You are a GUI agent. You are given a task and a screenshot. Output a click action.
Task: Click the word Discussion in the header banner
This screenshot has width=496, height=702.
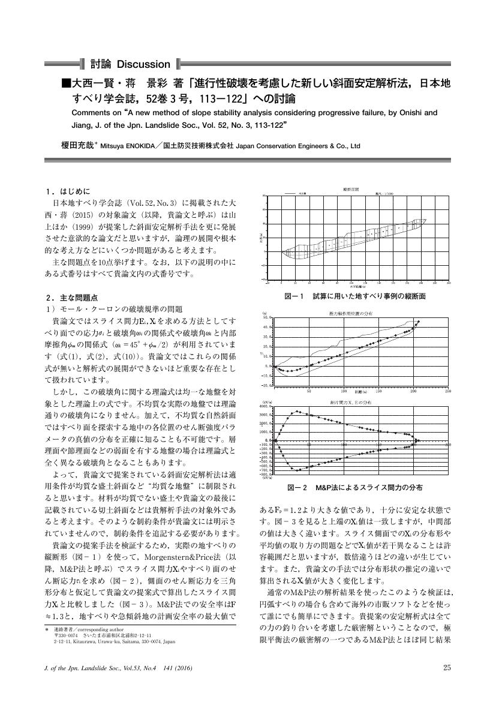pyautogui.click(x=143, y=64)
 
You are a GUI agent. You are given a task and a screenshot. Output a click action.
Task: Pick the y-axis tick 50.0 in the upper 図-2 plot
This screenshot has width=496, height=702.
pyautogui.click(x=267, y=317)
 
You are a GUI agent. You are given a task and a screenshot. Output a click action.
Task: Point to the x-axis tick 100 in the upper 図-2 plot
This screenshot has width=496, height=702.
pyautogui.click(x=344, y=391)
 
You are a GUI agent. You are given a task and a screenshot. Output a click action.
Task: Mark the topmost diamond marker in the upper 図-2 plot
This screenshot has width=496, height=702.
pyautogui.click(x=419, y=322)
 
